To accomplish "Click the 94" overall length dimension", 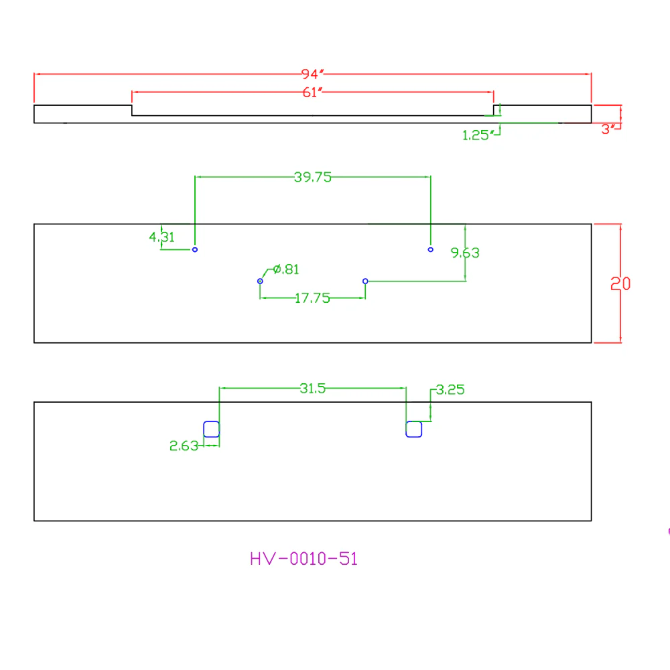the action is pyautogui.click(x=312, y=74).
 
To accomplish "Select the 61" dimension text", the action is pyautogui.click(x=312, y=92).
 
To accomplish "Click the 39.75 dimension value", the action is pyautogui.click(x=313, y=177).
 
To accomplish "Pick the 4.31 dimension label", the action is pyautogui.click(x=161, y=237).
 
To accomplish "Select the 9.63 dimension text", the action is pyautogui.click(x=466, y=253).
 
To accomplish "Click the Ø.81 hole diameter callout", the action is pyautogui.click(x=286, y=269).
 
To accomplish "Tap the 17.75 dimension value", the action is pyautogui.click(x=312, y=298).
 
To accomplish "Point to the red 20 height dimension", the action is pyautogui.click(x=620, y=283).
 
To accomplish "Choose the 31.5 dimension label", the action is pyautogui.click(x=312, y=388).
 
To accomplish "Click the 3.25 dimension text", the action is pyautogui.click(x=450, y=389).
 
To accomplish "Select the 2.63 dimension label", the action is pyautogui.click(x=184, y=446).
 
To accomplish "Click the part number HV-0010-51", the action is pyautogui.click(x=304, y=559).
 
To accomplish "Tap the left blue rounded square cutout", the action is pyautogui.click(x=212, y=421).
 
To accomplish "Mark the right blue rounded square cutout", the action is pyautogui.click(x=413, y=421).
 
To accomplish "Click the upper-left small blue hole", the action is pyautogui.click(x=195, y=247).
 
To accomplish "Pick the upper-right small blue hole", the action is pyautogui.click(x=430, y=247).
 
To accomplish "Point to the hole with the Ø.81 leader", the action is pyautogui.click(x=260, y=279).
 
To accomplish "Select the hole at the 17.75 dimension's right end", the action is pyautogui.click(x=365, y=279).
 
